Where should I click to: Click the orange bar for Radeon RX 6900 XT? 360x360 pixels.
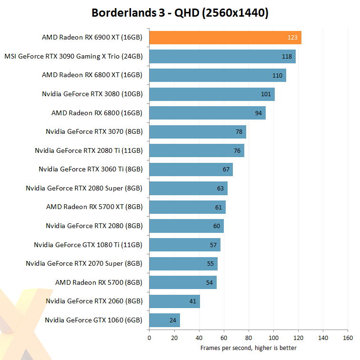tap(225, 38)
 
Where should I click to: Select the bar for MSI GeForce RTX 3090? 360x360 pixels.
tap(222, 56)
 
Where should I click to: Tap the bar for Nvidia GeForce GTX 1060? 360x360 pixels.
tap(164, 320)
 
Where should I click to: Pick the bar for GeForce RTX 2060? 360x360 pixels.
tap(174, 301)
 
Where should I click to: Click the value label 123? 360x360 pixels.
tap(292, 38)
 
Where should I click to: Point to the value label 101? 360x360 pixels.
tap(266, 94)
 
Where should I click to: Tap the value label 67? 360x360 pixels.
tap(226, 170)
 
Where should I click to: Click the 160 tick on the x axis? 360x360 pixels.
tap(348, 338)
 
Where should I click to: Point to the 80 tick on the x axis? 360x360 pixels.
tap(249, 338)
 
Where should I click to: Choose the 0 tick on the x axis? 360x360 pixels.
tap(150, 338)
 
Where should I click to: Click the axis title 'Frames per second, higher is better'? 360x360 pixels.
tap(248, 348)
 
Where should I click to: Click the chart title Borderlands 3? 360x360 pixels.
tap(180, 13)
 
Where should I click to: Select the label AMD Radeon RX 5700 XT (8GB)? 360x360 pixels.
tap(94, 207)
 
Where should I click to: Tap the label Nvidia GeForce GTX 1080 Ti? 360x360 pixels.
tap(88, 245)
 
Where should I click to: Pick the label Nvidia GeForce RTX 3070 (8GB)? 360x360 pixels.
tap(94, 131)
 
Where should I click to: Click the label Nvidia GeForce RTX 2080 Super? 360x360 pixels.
tap(84, 188)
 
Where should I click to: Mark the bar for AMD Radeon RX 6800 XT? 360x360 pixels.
tap(217, 75)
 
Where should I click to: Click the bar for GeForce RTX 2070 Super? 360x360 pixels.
tap(183, 264)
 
